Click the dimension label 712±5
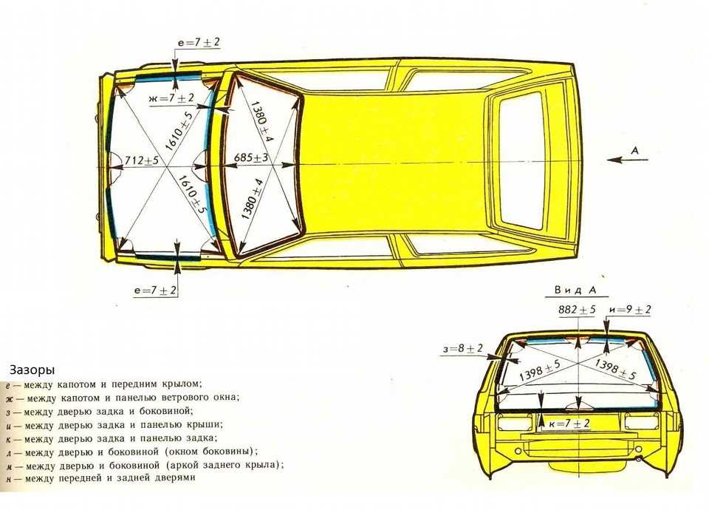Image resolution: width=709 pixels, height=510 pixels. pos(141,160)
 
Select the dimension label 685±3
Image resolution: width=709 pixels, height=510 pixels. pos(251,158)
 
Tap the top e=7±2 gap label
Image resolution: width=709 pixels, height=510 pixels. pos(199,42)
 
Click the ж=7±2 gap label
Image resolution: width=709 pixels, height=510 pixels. pos(171,98)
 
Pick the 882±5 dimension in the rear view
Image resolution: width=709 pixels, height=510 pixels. pos(577,310)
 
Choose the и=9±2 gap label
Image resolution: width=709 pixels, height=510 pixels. pos(630,310)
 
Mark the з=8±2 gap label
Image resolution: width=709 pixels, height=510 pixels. pos(462,348)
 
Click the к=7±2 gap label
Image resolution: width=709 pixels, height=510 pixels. pos(569,424)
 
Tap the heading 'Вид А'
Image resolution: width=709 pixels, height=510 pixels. pos(575,290)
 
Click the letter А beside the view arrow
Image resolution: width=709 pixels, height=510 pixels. pos(635,150)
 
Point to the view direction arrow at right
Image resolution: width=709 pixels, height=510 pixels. pos(628,160)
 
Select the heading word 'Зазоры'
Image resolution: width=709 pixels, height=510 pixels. pos(32,370)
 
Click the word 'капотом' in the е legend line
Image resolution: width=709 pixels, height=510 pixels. pos(76,384)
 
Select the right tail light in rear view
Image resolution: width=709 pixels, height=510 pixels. pos(641,422)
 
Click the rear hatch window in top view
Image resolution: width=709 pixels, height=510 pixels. pos(521,160)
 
